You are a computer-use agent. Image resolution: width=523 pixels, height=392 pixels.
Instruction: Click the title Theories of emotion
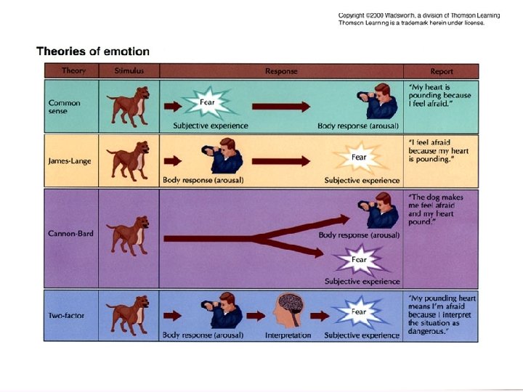tap(93, 52)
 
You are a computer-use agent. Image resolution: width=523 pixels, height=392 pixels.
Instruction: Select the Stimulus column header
tap(129, 71)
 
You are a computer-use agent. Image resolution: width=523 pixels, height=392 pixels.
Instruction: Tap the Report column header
tap(441, 71)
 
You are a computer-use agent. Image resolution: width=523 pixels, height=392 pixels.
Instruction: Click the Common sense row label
tap(65, 107)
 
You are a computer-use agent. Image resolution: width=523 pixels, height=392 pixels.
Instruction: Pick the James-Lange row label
tap(69, 160)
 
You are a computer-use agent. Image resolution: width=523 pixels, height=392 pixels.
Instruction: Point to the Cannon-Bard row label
tap(70, 234)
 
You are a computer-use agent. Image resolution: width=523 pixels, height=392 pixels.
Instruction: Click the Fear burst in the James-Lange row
tap(359, 158)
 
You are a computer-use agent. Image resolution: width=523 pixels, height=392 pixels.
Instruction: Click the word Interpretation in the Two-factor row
tap(288, 335)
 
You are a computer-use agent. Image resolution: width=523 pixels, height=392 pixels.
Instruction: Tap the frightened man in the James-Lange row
tap(222, 158)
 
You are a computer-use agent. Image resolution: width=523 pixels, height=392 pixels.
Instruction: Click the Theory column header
tap(73, 71)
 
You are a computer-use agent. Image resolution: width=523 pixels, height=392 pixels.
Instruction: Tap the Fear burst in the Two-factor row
tap(359, 312)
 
